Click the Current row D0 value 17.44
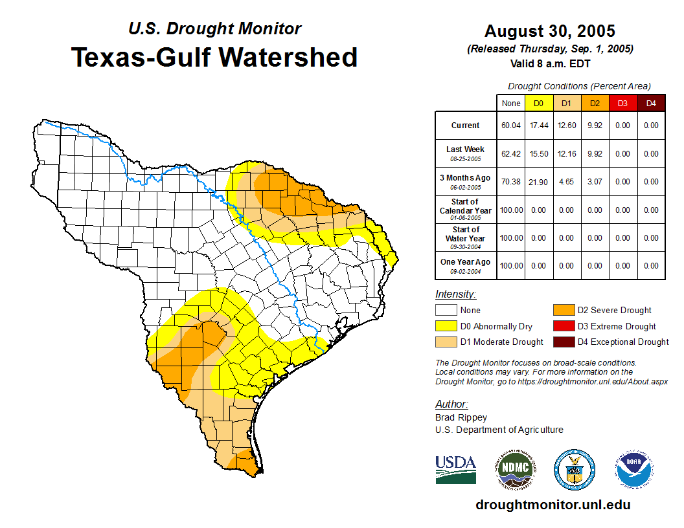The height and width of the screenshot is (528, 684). tap(538, 126)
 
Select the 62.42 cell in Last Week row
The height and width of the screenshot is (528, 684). tap(511, 154)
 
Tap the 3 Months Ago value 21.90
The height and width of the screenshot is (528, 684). tap(538, 182)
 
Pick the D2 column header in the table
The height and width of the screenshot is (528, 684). tap(595, 103)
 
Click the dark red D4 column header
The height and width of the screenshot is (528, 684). tap(651, 103)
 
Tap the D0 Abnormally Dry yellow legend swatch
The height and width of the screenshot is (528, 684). tap(445, 326)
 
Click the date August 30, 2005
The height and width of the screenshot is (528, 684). tap(549, 31)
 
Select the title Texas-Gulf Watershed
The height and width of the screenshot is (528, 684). tap(214, 57)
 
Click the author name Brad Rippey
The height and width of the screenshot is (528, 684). tap(461, 417)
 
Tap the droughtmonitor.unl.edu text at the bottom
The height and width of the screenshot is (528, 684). tap(553, 505)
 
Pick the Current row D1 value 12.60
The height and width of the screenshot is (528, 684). tap(566, 126)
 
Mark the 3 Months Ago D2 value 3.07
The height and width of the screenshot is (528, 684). tap(595, 182)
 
